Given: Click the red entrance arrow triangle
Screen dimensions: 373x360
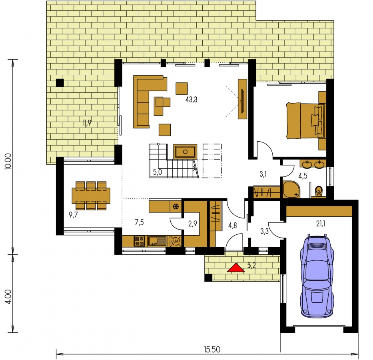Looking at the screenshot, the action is coord(236,268).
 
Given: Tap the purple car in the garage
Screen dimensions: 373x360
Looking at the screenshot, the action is coord(317,276).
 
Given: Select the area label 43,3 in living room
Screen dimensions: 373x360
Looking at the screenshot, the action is coord(191,100).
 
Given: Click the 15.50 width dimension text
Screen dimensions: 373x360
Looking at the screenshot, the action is coord(212,349).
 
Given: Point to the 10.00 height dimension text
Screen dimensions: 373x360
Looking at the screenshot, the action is coord(8,161).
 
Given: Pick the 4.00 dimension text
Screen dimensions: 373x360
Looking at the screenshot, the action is coord(8,296).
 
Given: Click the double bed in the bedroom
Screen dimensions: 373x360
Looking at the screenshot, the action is coord(306,121).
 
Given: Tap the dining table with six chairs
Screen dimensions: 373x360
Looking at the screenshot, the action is coord(91,196).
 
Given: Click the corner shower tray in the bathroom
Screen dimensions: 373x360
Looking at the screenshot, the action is coord(291,189).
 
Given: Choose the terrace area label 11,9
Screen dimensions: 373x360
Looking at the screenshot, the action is coord(87,123).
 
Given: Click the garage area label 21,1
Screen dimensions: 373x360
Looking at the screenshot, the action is coord(320,224).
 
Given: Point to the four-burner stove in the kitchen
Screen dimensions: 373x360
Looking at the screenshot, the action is coord(139,241).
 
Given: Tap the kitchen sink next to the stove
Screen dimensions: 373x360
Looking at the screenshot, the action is coord(157,241).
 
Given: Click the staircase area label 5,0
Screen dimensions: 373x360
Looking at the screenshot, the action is coord(157,172).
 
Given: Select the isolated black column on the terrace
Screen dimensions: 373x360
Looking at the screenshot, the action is coord(60,82).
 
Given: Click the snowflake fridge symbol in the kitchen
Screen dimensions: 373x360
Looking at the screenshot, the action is coord(176,206).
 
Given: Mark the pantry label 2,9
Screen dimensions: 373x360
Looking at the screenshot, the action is coord(192,224).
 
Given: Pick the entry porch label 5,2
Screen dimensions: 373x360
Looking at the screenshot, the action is coord(251,265).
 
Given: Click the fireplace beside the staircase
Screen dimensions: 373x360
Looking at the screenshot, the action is coord(185,152).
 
